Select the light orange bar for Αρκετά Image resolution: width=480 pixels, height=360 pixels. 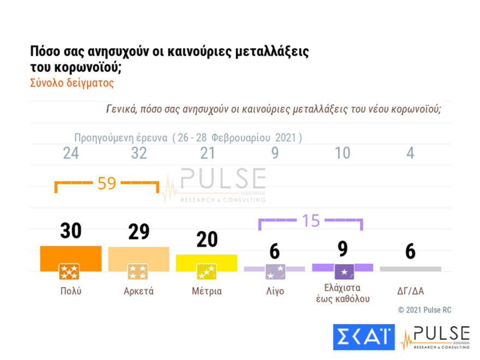[139, 259]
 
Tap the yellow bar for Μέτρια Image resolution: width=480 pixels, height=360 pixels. [207, 262]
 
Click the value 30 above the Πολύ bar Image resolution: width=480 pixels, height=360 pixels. [71, 231]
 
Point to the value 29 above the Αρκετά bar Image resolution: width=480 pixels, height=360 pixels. [139, 232]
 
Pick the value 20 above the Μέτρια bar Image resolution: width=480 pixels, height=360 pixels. [207, 239]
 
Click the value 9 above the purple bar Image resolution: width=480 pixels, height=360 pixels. [343, 249]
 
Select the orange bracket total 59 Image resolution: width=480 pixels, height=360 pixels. [107, 183]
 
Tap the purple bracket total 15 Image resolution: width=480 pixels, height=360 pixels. [310, 221]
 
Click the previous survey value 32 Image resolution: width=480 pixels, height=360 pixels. [139, 153]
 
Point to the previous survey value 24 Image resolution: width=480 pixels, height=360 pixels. [71, 153]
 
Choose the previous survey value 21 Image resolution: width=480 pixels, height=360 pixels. [207, 153]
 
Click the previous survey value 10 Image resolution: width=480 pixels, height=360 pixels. [343, 153]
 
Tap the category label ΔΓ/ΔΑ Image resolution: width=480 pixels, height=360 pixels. [410, 291]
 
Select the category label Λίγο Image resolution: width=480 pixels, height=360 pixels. [274, 291]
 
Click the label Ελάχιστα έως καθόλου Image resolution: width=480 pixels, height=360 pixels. [343, 293]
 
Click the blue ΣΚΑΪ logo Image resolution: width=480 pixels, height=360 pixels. [363, 337]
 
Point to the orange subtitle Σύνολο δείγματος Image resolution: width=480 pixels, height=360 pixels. [71, 83]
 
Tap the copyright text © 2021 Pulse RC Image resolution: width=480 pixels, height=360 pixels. [424, 310]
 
